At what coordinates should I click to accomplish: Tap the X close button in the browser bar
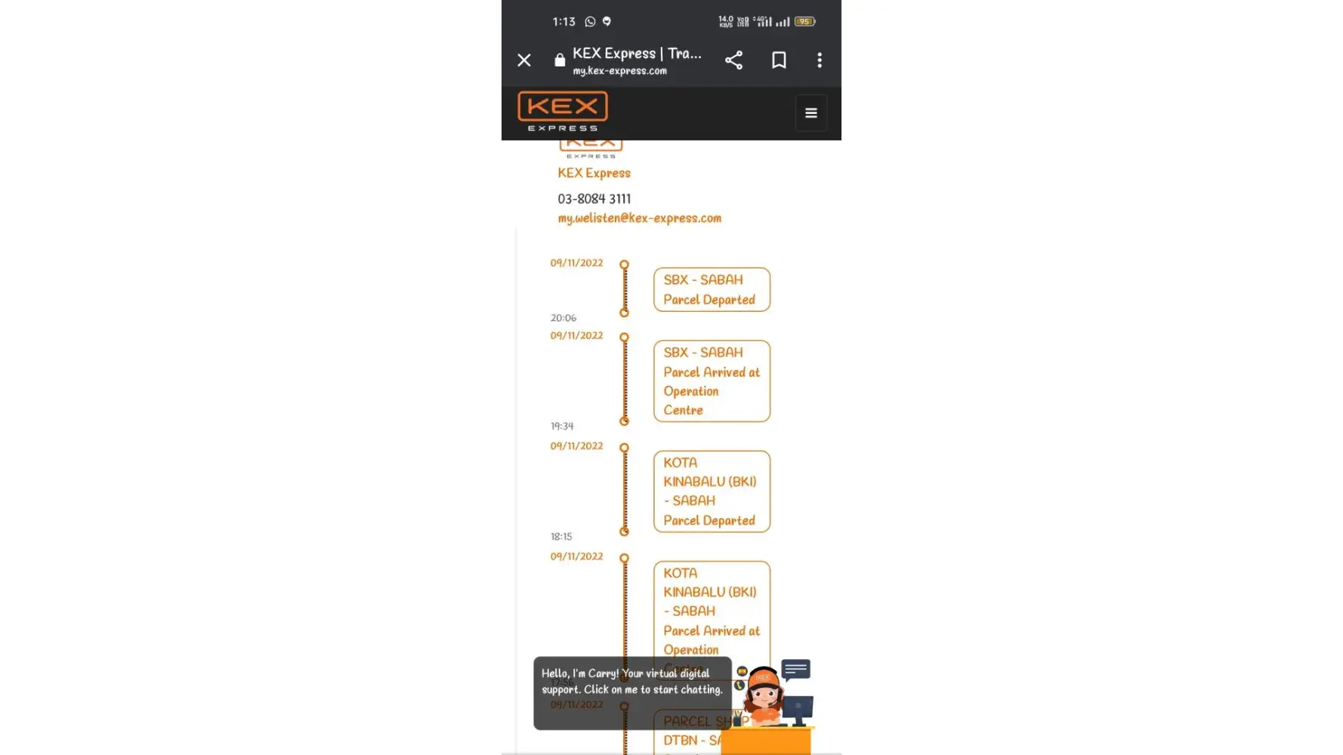coord(524,60)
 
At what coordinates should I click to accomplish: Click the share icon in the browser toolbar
coord(733,60)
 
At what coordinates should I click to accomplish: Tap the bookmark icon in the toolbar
coord(779,60)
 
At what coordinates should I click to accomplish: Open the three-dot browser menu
coord(820,60)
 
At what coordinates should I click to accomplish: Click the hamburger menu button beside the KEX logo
coord(810,113)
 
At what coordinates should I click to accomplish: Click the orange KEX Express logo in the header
coord(563,111)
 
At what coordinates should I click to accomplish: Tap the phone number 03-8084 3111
coord(594,199)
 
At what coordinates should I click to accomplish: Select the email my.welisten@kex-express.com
coord(639,218)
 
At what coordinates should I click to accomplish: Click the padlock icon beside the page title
coord(560,60)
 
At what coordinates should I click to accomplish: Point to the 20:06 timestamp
coord(563,318)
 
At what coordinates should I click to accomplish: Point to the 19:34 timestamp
coord(562,426)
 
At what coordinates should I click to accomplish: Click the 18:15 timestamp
coord(561,537)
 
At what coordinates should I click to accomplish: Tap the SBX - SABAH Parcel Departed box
coord(712,289)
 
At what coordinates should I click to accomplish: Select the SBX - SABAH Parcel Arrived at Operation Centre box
coord(712,381)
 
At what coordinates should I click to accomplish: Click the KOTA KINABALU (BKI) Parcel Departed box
coord(712,492)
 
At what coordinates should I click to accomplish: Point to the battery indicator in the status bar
coord(804,22)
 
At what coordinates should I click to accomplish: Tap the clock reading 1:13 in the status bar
coord(563,22)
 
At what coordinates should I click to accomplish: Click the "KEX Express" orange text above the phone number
coord(594,173)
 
